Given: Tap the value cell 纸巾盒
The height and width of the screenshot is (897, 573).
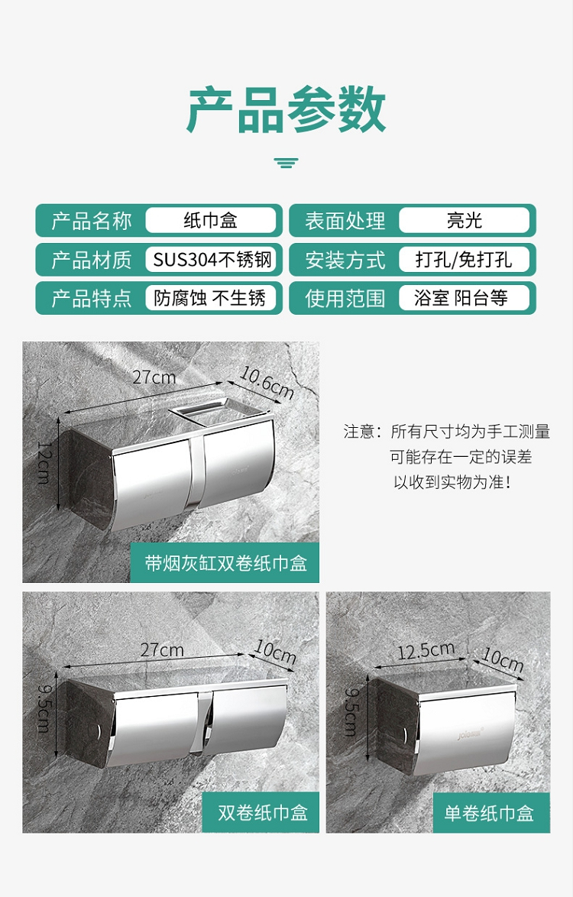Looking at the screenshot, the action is (x=210, y=220).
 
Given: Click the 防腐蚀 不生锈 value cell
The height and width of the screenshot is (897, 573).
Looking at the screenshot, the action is (x=210, y=297).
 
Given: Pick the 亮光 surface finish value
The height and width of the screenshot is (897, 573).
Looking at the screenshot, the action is (x=464, y=220).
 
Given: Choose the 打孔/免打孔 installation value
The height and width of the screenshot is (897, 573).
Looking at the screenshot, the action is (x=464, y=259).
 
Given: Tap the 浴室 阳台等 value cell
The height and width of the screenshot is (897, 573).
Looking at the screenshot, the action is (x=464, y=297).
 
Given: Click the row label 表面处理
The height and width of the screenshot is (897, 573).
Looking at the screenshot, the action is (x=345, y=221).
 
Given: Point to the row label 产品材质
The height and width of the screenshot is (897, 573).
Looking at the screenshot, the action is (x=92, y=260).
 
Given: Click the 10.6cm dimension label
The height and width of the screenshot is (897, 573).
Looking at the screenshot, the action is (x=267, y=382).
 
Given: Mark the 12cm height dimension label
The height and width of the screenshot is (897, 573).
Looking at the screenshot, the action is (x=44, y=463).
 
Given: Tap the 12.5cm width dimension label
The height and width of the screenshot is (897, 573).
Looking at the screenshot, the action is (x=426, y=651).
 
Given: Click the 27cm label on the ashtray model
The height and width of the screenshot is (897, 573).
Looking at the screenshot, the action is (x=154, y=377).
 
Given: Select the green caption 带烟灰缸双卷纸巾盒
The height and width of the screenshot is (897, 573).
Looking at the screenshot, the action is (x=225, y=563).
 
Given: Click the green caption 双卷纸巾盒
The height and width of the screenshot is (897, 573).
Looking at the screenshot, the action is (x=263, y=813).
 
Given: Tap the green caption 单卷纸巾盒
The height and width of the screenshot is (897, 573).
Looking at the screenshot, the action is (x=489, y=813).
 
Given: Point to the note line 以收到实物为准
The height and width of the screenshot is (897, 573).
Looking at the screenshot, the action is (x=452, y=482).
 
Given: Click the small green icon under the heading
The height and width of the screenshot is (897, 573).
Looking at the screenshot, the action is (x=286, y=163).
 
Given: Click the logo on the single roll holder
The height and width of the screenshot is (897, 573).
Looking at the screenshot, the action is (x=471, y=733).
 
